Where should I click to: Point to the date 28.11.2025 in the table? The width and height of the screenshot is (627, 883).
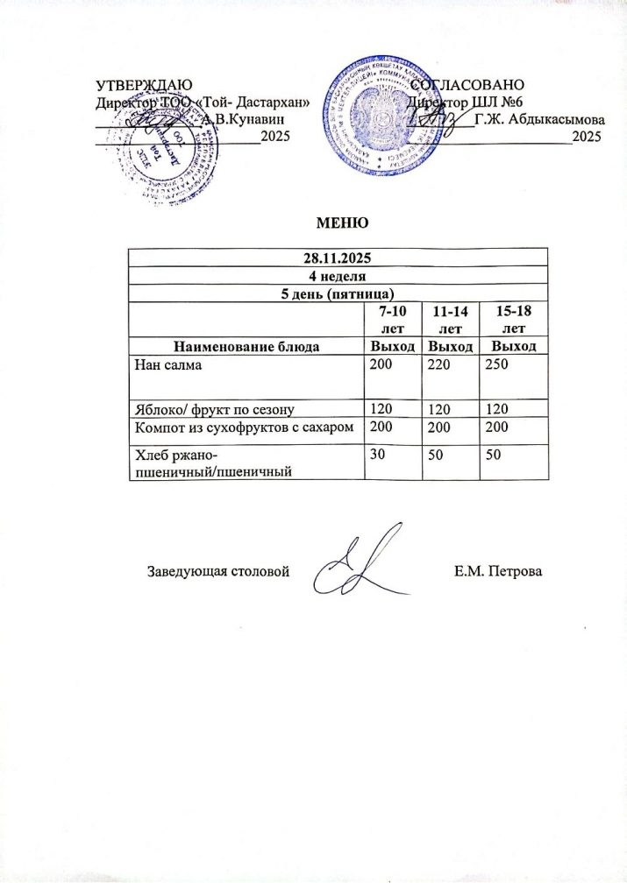point(338,258)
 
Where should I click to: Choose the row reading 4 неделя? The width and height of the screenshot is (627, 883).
point(338,275)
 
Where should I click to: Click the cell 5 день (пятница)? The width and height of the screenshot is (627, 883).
point(338,292)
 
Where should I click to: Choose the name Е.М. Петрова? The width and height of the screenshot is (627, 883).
point(499,572)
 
